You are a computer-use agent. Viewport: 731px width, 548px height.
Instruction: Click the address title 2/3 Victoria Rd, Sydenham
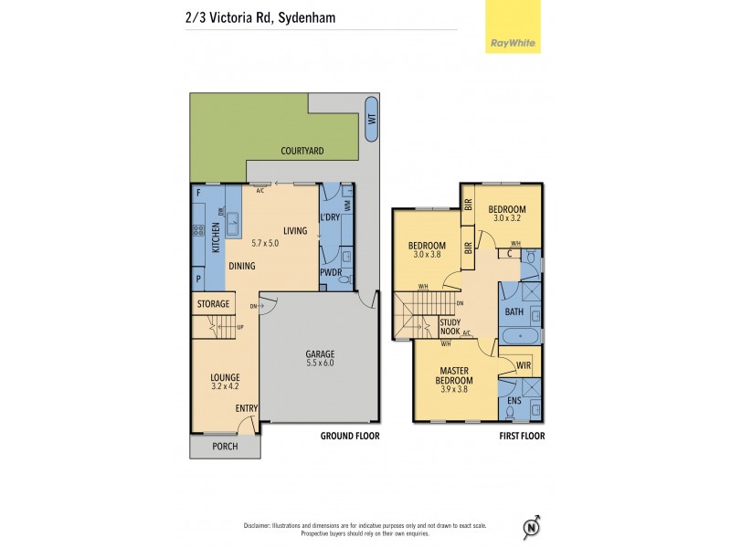pyautogui.click(x=254, y=15)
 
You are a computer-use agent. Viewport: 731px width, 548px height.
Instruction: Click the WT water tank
pyautogui.click(x=371, y=120)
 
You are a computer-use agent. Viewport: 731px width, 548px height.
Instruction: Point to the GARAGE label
pyautogui.click(x=320, y=353)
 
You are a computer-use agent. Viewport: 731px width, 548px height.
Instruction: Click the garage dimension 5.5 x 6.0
pyautogui.click(x=320, y=364)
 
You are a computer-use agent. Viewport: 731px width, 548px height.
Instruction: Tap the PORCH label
pyautogui.click(x=224, y=447)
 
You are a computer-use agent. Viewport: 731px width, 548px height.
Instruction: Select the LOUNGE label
pyautogui.click(x=225, y=377)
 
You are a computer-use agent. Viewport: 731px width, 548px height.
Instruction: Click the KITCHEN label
pyautogui.click(x=217, y=237)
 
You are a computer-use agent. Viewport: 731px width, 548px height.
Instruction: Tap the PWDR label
pyautogui.click(x=330, y=273)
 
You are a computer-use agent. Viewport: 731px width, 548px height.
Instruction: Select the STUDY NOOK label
pyautogui.click(x=450, y=327)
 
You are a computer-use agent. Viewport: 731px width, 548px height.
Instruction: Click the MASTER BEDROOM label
pyautogui.click(x=453, y=375)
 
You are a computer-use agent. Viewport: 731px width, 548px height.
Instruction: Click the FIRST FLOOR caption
pyautogui.click(x=522, y=437)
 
